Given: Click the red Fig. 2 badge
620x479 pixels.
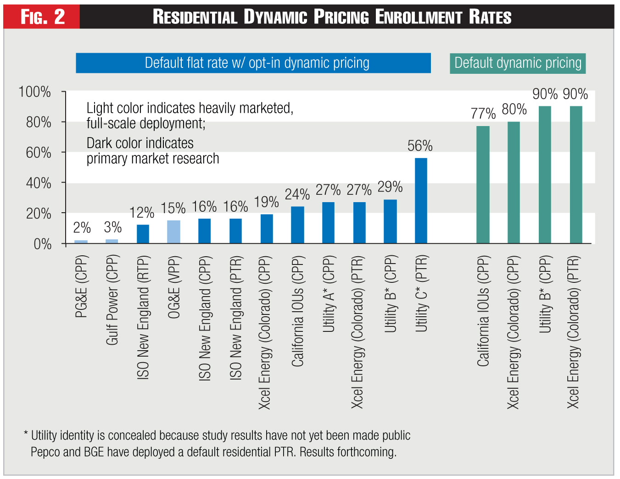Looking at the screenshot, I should pos(42,17).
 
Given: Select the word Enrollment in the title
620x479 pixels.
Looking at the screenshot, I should pos(419,17).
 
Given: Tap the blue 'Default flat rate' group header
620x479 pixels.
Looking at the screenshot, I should pos(253,63).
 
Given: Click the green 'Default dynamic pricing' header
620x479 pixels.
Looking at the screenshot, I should pos(518,63).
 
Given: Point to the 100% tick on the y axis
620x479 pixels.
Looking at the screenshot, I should pos(35,92).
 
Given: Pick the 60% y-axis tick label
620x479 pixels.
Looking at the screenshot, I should pos(38,153).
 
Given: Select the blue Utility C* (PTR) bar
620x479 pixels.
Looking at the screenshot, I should pos(421,200).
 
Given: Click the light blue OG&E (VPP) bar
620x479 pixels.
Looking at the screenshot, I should pos(173,231).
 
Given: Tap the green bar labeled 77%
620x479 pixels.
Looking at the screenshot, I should pos(483,184).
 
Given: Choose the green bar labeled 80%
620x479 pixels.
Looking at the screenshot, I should pos(514,182).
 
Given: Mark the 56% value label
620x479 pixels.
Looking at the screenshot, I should pos(420,146).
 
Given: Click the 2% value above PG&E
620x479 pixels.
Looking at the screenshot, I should pos(82,228).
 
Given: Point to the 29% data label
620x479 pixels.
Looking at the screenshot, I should pos(390,187).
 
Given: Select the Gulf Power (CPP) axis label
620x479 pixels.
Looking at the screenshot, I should pos(112,300).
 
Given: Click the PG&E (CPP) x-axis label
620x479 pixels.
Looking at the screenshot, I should pos(81,286).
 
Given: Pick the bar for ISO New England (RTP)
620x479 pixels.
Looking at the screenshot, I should pos(143,234).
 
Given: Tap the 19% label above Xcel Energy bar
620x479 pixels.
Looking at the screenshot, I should pos(266,202).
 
